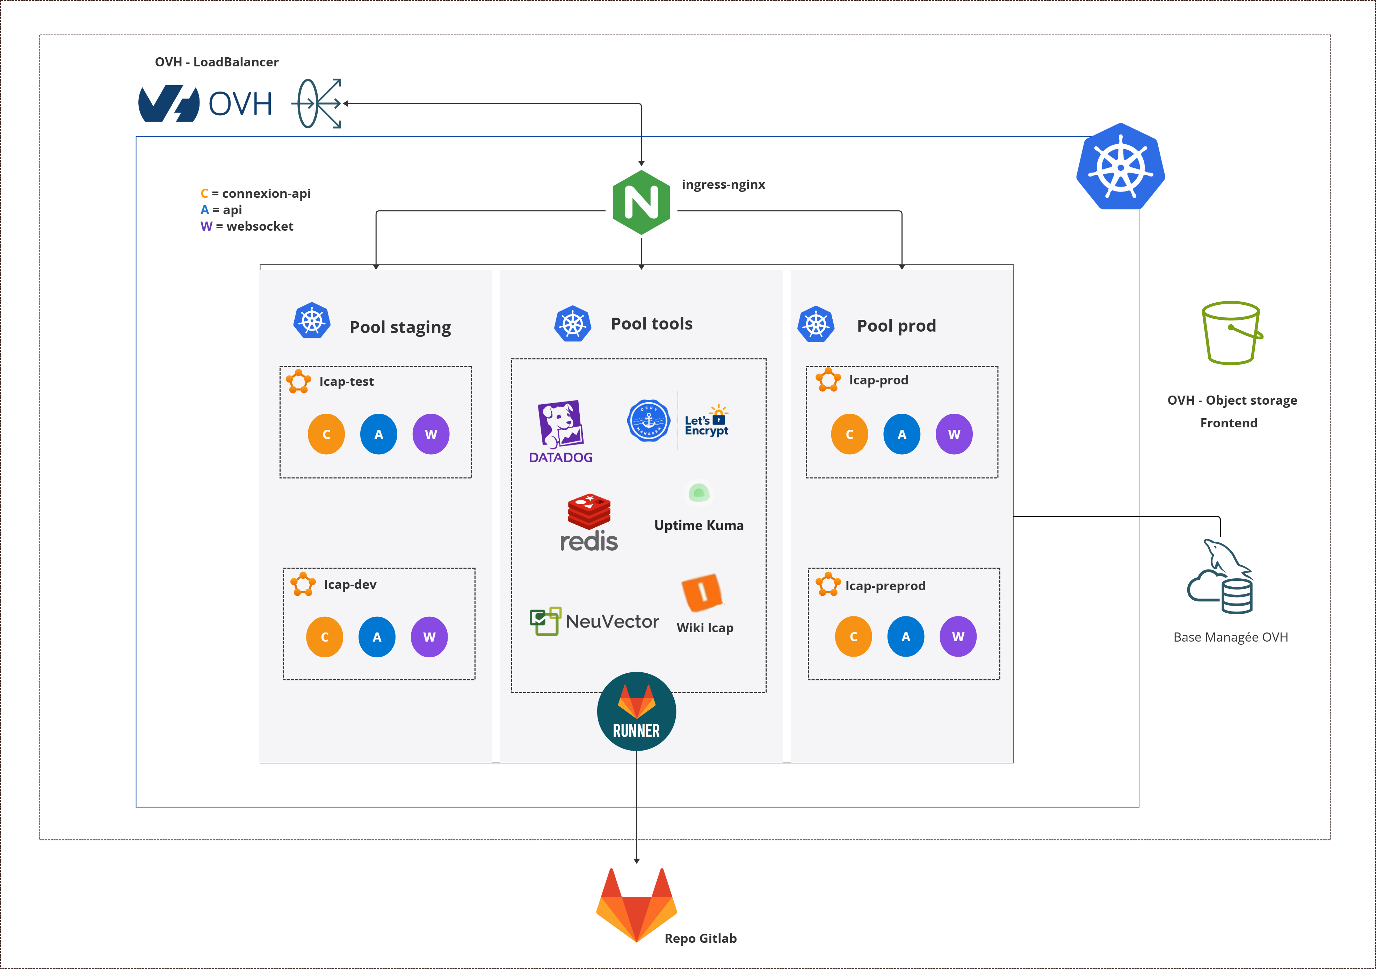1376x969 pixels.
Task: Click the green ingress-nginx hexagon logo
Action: [641, 203]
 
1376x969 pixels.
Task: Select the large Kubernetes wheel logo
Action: [1120, 167]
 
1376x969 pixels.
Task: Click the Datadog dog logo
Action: [561, 424]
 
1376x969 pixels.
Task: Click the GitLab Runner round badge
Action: [636, 711]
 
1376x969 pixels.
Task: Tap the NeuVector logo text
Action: [612, 621]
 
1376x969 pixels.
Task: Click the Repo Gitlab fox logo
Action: [636, 905]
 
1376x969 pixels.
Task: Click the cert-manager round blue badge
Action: [649, 421]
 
